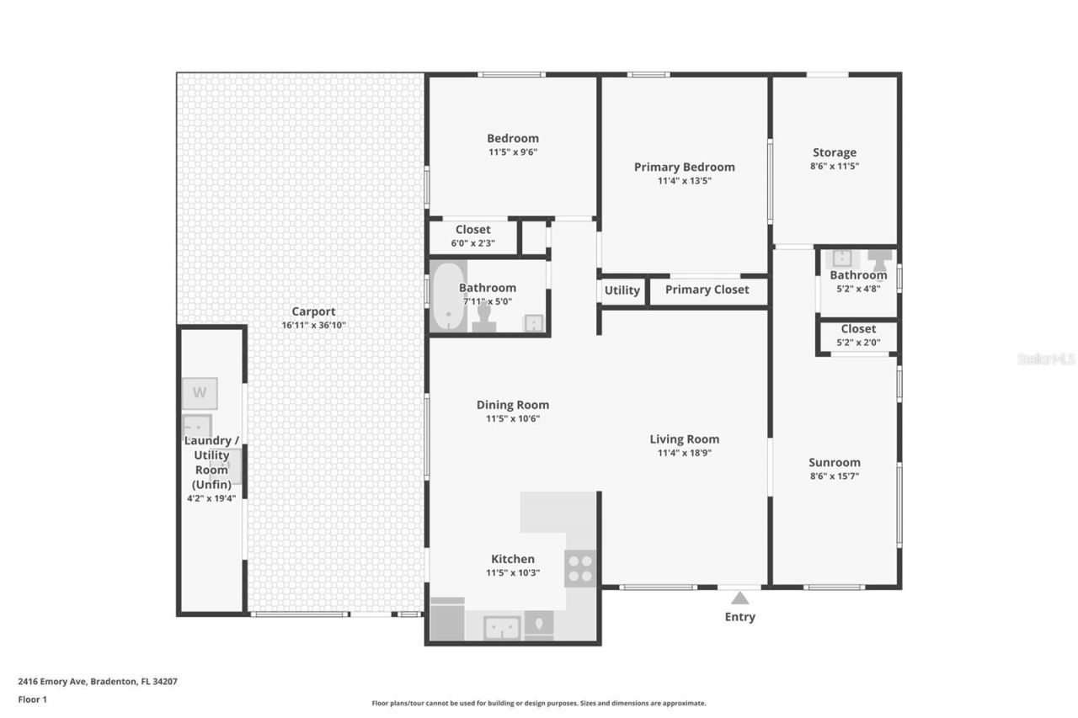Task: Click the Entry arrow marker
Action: point(739,598)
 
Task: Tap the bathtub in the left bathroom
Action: point(447,296)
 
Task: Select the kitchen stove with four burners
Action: point(579,567)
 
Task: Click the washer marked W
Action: point(200,393)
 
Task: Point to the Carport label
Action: point(313,311)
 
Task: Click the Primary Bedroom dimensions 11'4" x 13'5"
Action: point(684,180)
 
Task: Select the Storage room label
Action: point(834,152)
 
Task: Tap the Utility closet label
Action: point(622,290)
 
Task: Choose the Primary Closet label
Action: point(707,290)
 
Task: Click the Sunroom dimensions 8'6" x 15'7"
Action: point(834,476)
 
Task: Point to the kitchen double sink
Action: point(503,627)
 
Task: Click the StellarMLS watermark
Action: point(1046,359)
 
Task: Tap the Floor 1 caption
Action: point(32,699)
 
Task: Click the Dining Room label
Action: point(512,405)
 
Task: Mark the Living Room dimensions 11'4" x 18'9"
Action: point(684,453)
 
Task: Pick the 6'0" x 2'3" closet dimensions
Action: point(472,243)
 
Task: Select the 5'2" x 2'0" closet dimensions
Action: point(857,342)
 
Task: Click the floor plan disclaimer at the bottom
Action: point(539,703)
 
